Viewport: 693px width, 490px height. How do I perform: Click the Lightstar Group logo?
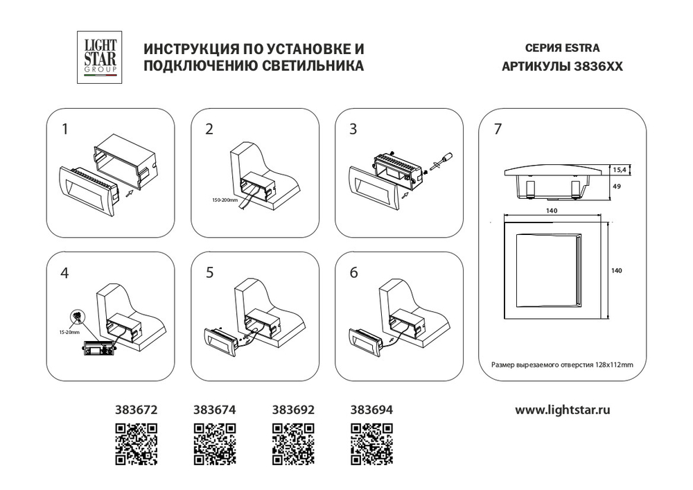pos(99,57)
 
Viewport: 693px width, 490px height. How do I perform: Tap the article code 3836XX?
pos(599,67)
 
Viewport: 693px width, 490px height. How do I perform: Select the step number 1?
pos(65,129)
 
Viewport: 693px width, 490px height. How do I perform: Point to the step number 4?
pos(64,273)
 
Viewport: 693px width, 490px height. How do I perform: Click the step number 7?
pos(498,129)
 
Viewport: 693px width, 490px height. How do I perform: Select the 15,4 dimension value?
pos(619,169)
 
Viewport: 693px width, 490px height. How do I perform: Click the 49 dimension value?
pos(617,186)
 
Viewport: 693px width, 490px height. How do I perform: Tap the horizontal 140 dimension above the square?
pos(552,211)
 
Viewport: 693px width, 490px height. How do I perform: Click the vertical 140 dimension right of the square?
pos(617,270)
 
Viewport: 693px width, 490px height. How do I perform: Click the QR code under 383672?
pos(136,444)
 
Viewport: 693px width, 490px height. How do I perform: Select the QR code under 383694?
pos(371,444)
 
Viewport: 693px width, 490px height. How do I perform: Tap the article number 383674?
pos(214,410)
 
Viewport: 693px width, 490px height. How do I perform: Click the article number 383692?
pos(293,410)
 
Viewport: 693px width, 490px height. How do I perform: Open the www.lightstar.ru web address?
pos(562,410)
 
